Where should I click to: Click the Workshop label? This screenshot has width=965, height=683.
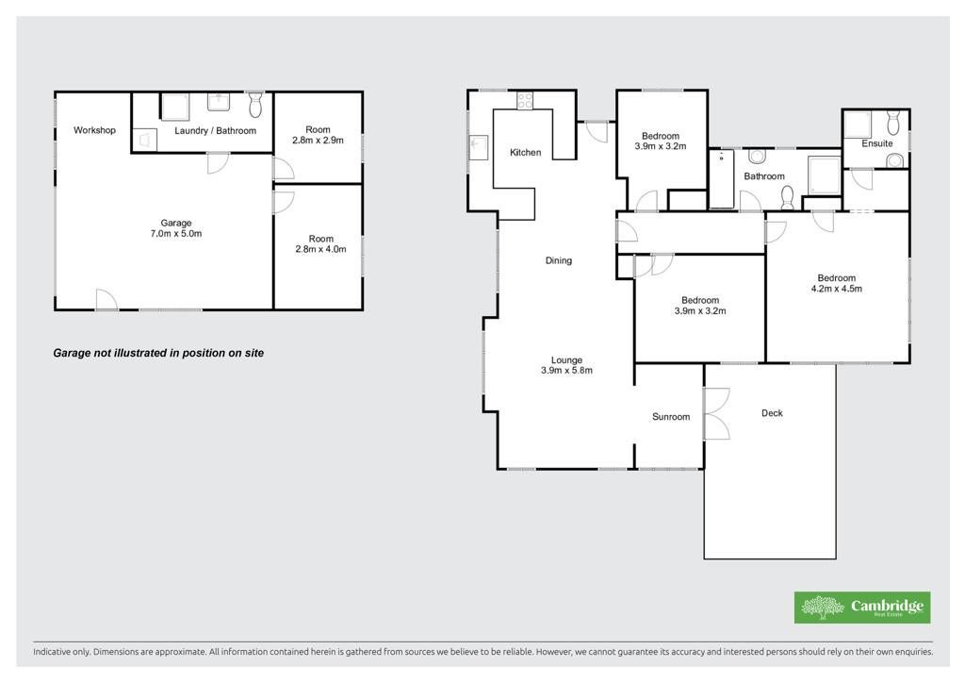point(94,130)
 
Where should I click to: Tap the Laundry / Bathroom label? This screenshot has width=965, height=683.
point(215,130)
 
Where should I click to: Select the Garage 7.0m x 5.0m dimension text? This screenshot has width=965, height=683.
point(176,228)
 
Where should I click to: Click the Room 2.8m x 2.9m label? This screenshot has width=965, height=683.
point(319,135)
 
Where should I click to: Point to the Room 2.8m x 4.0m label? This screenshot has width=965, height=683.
point(320,244)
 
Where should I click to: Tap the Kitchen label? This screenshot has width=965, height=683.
point(526,152)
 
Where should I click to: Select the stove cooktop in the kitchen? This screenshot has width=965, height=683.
point(525,100)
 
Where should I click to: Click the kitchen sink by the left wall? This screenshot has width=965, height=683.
point(478,148)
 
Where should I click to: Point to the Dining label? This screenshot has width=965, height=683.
point(559,260)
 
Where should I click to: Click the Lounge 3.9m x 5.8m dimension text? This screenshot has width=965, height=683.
point(566,365)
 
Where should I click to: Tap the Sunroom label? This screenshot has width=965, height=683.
point(671,417)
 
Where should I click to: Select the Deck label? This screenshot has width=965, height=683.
point(772,413)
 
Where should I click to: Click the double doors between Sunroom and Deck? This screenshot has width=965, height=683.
point(716,413)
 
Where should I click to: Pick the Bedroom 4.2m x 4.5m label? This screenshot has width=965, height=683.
point(837,283)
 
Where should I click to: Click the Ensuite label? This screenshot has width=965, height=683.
point(877,143)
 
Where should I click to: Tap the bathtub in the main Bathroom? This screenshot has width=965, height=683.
point(721,178)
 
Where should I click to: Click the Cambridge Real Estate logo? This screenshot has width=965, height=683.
point(862,608)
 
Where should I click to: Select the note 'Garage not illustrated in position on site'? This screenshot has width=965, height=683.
point(158,353)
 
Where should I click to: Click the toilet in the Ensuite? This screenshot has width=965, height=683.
point(893,122)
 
